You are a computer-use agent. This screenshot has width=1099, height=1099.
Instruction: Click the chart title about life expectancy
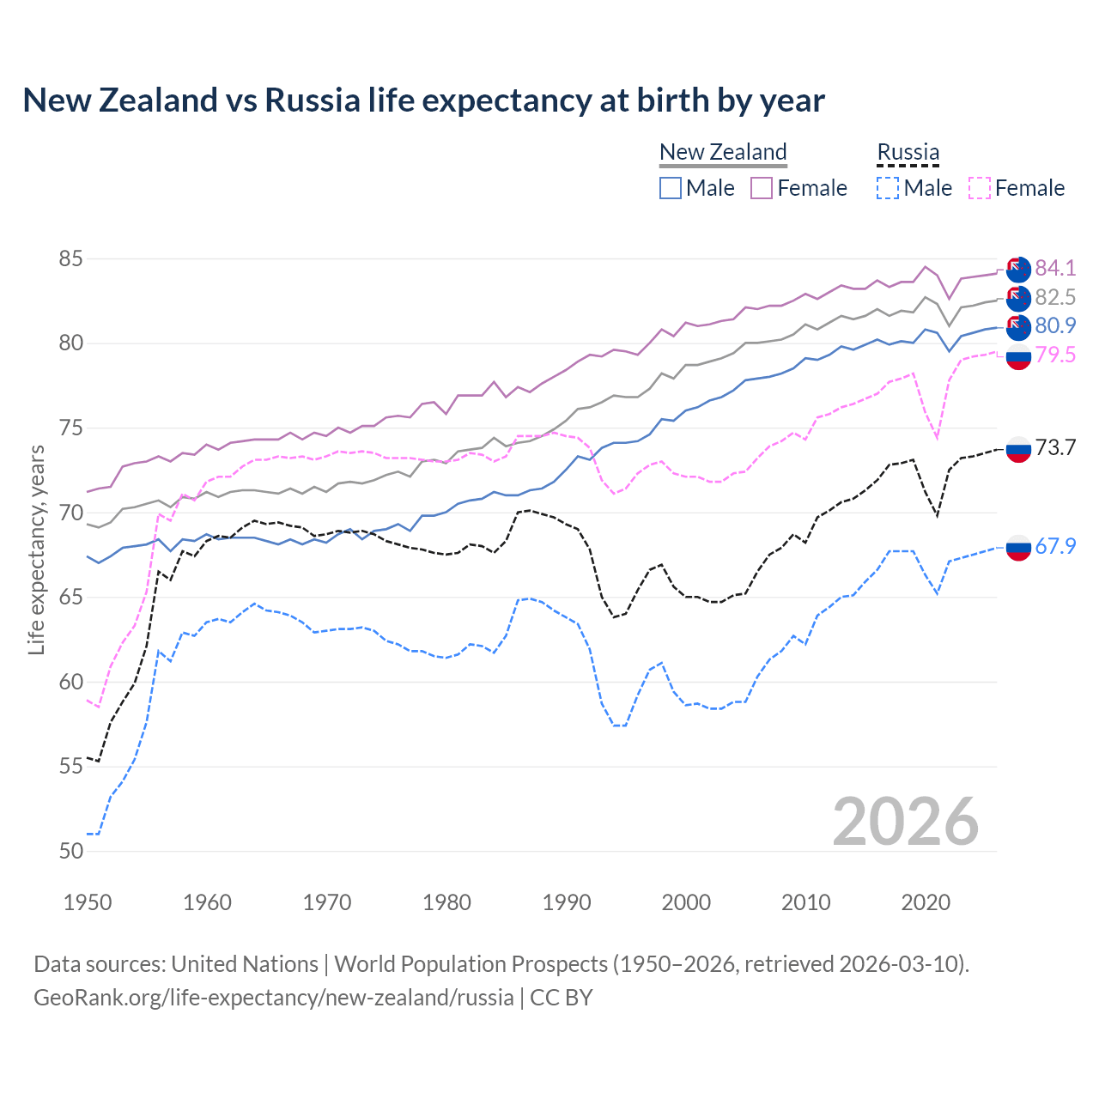(423, 100)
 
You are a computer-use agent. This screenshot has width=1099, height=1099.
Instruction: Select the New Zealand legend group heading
(723, 152)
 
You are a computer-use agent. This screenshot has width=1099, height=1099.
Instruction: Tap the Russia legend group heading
(908, 152)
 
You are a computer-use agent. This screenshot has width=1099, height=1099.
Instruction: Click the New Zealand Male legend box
(671, 188)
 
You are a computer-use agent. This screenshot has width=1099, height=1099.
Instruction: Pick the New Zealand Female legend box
(762, 188)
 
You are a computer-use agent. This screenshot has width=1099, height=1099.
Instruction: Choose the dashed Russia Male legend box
(888, 188)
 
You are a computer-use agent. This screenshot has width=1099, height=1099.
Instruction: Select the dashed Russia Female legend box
(979, 188)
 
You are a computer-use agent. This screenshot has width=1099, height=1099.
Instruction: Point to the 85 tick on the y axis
(71, 258)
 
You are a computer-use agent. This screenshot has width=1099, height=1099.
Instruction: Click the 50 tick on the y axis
(71, 851)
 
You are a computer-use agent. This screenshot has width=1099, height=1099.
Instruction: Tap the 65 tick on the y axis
(71, 597)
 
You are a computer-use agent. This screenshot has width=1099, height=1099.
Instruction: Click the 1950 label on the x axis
(88, 902)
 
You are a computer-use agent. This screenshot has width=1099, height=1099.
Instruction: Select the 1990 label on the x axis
(567, 902)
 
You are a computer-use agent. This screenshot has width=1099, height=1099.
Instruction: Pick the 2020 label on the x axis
(926, 902)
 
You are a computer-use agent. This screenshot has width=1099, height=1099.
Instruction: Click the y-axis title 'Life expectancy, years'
(36, 549)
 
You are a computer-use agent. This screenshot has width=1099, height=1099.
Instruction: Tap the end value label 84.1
(1055, 268)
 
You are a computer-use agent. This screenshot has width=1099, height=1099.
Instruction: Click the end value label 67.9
(1055, 546)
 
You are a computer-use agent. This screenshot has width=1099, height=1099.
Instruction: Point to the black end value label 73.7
(1055, 447)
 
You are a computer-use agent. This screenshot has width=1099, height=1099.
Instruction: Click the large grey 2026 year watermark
(906, 822)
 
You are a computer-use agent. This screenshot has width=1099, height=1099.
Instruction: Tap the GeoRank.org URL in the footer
(273, 998)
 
